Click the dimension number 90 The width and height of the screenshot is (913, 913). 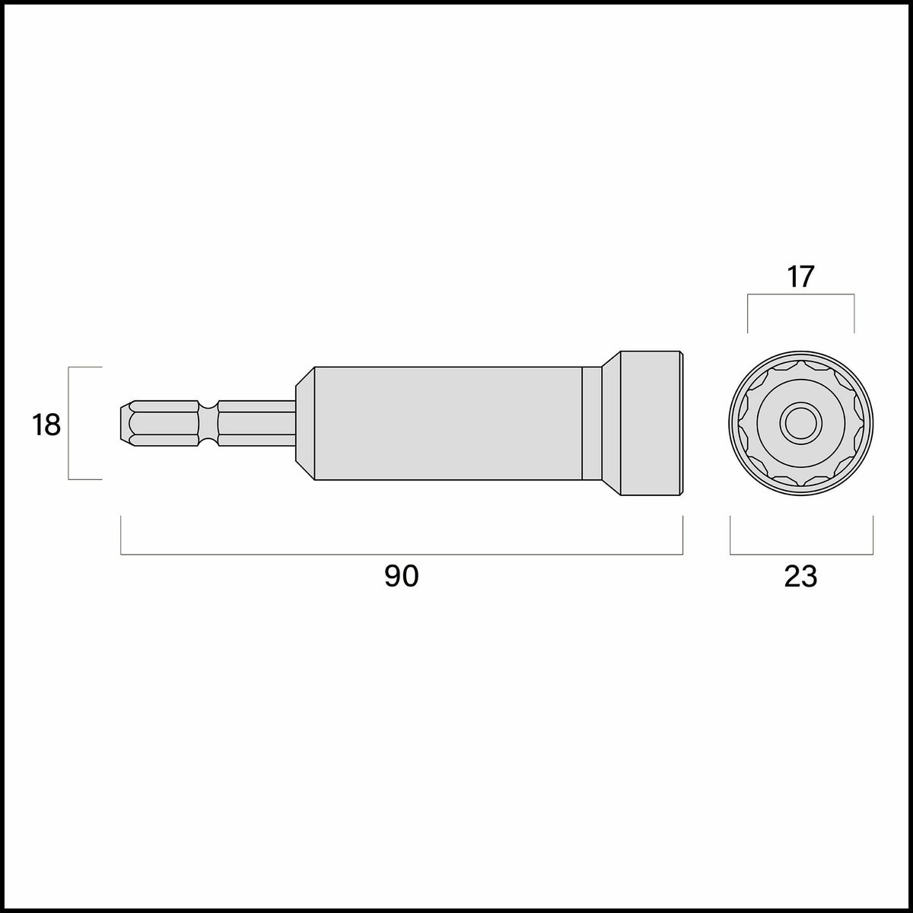click(x=401, y=577)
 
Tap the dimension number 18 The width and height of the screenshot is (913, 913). click(x=46, y=425)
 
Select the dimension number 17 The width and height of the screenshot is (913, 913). click(x=800, y=277)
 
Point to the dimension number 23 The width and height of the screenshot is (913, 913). click(x=800, y=577)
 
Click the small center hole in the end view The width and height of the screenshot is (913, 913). click(x=800, y=423)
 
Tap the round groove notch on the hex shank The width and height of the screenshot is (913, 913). click(x=208, y=424)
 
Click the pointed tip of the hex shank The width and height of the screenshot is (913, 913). click(x=120, y=424)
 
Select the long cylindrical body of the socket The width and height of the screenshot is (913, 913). click(x=448, y=424)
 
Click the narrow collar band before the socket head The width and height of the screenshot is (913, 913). click(x=592, y=424)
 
